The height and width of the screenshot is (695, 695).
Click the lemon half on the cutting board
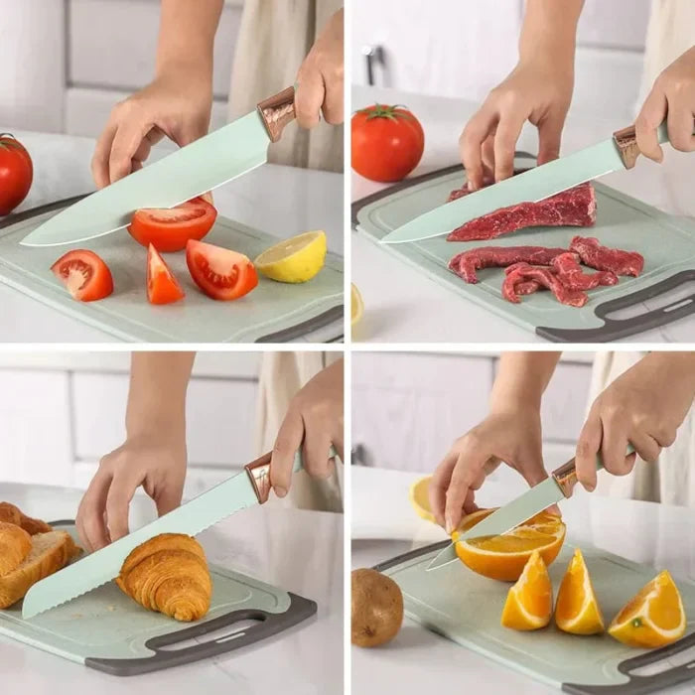tap(291, 257)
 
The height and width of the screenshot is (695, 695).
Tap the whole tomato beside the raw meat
tap(387, 142)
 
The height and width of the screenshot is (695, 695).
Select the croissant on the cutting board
tap(166, 576)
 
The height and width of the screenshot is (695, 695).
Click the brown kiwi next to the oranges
tap(376, 607)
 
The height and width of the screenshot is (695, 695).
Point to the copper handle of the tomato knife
tap(277, 113)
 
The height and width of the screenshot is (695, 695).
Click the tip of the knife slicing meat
tap(385, 239)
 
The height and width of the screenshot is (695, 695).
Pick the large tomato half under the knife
tap(172, 225)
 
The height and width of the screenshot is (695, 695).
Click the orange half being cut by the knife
tap(508, 548)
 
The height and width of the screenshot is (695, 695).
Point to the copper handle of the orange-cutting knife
tap(565, 478)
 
